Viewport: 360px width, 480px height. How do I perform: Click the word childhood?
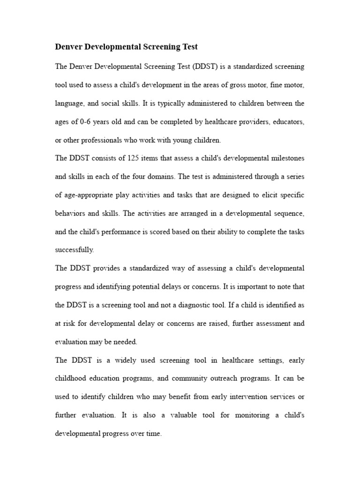coord(71,378)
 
